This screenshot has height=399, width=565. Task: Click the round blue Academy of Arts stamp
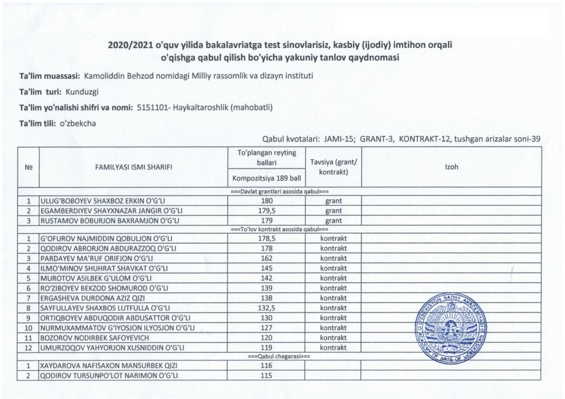click(450, 327)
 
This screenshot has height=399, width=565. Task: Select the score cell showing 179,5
click(266, 211)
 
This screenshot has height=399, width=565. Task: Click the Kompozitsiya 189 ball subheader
click(266, 179)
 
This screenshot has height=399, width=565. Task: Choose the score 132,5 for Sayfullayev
click(266, 308)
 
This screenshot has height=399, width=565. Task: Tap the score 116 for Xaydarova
click(266, 366)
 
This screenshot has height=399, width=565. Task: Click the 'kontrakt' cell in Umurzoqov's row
click(333, 347)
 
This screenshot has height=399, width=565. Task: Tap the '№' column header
click(28, 167)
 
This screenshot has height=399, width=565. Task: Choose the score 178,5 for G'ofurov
click(266, 239)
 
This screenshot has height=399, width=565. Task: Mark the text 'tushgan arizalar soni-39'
click(496, 139)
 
